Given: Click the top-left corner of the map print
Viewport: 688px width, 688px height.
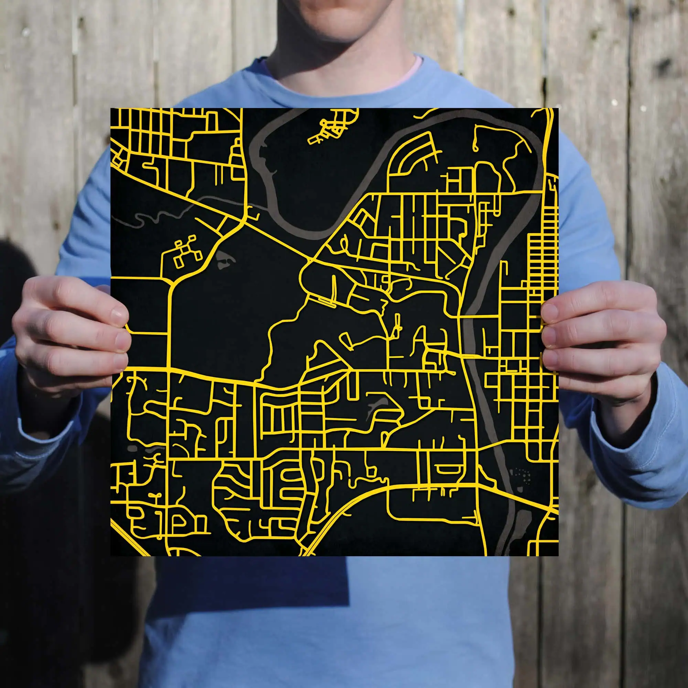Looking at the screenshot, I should (111, 109).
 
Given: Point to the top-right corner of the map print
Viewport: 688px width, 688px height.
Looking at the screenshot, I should (558, 109).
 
